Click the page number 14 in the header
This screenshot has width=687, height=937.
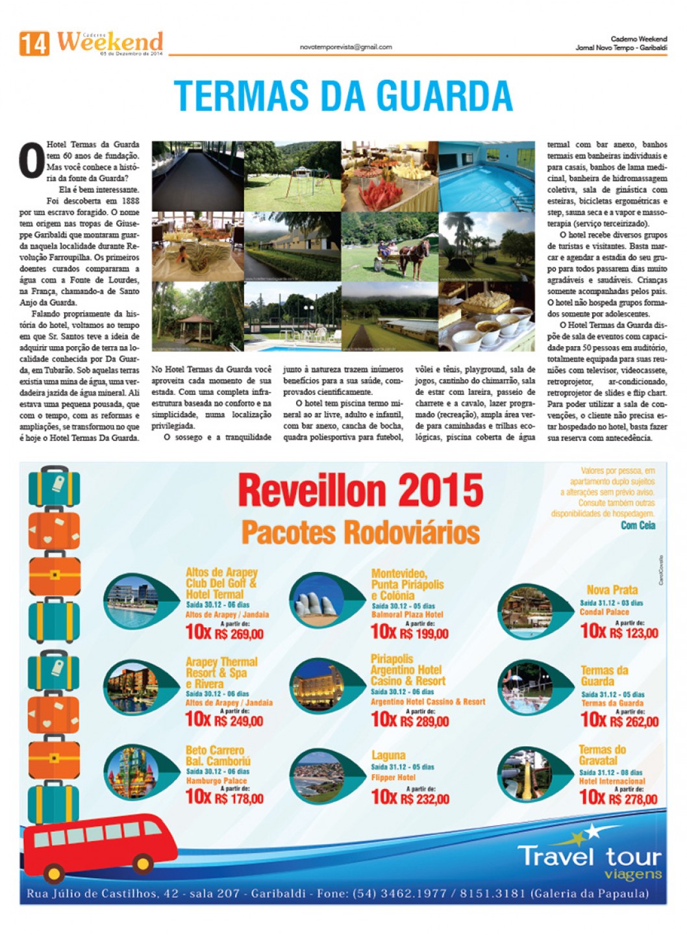click(x=34, y=44)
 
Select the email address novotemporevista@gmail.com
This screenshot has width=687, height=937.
click(x=345, y=47)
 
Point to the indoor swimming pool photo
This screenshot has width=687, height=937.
click(x=486, y=176)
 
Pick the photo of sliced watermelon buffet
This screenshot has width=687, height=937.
click(x=390, y=176)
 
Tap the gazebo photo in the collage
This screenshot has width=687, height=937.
click(x=197, y=316)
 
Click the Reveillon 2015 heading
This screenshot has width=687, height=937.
click(x=360, y=490)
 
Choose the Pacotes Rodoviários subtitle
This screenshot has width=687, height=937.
click(x=360, y=532)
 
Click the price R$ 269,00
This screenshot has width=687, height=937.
click(x=238, y=633)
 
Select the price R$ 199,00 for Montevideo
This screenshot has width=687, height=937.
click(x=423, y=632)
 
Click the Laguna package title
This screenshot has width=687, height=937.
click(x=388, y=755)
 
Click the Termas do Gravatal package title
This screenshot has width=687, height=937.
click(x=602, y=755)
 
